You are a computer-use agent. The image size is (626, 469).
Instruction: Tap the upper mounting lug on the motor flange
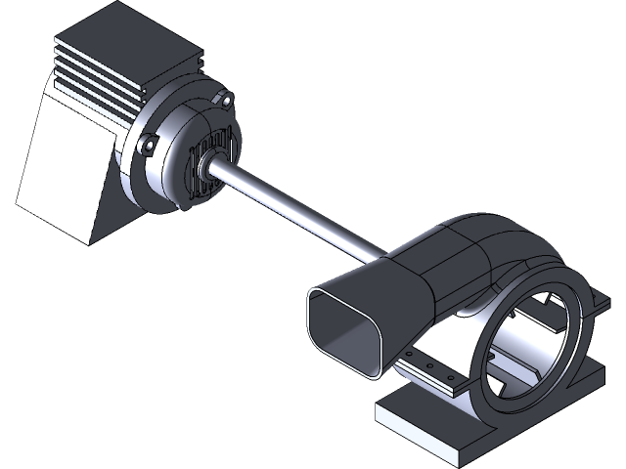point(226,101)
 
